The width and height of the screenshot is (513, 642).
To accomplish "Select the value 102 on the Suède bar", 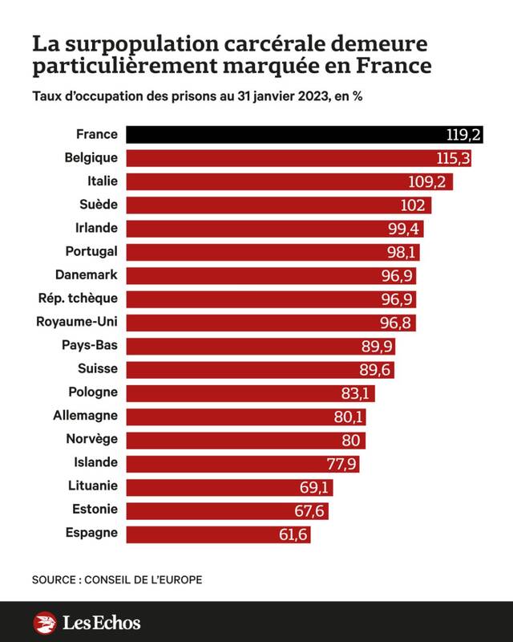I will pyautogui.click(x=413, y=205).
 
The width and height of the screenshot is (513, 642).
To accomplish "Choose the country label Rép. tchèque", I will pyautogui.click(x=78, y=299).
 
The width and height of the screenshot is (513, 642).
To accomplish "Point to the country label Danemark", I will pyautogui.click(x=87, y=275).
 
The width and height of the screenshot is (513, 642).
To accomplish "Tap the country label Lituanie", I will pyautogui.click(x=93, y=486).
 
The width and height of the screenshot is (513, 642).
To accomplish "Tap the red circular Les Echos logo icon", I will pyautogui.click(x=45, y=622).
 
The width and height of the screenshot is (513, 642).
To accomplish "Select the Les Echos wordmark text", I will pyautogui.click(x=101, y=622).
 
